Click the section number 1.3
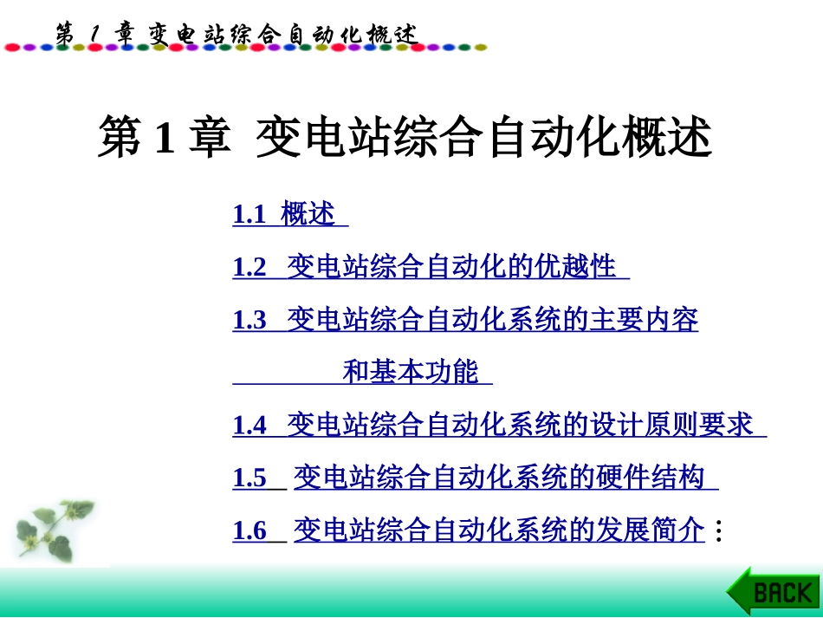click(249, 321)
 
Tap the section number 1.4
click(249, 426)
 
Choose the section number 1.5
click(249, 478)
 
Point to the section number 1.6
click(249, 531)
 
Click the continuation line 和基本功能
click(411, 373)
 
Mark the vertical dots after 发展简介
click(718, 531)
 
